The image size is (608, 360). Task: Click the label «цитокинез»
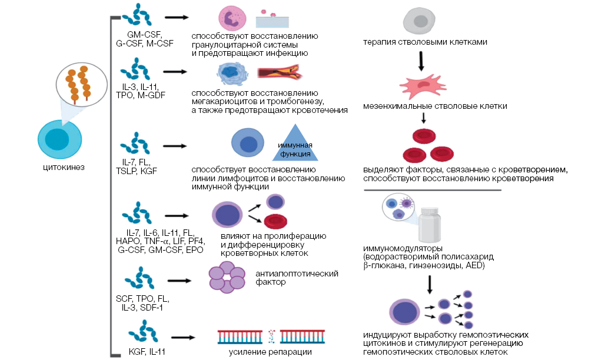(64, 168)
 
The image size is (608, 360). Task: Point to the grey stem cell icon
(420, 22)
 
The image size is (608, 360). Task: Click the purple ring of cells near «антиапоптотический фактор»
(227, 278)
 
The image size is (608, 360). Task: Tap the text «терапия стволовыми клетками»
(424, 42)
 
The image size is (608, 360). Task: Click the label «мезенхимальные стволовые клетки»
(435, 106)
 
